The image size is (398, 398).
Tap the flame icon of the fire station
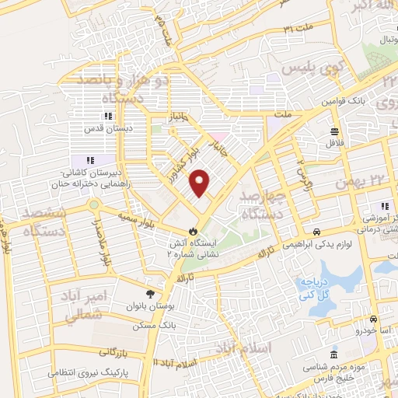tap(192, 231)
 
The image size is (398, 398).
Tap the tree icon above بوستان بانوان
tap(150, 294)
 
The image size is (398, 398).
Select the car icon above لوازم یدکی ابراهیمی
tap(318, 232)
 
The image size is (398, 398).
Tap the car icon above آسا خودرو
tap(373, 319)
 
